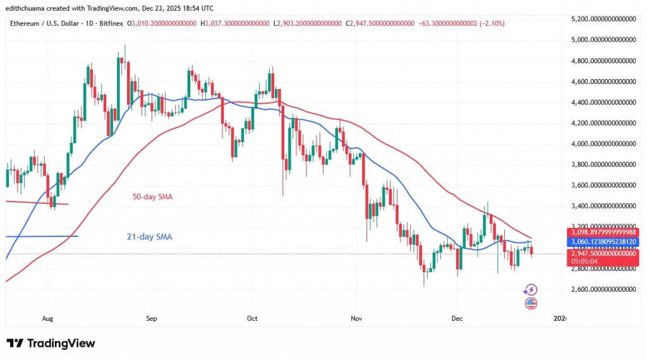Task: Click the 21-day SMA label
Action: tap(150, 237)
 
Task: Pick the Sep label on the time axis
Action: tap(150, 319)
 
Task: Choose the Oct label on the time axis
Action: tap(252, 319)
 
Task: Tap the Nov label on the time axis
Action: tap(356, 319)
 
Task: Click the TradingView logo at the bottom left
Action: tap(51, 344)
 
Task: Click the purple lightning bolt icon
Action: tap(531, 290)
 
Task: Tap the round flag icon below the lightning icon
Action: tap(531, 303)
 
